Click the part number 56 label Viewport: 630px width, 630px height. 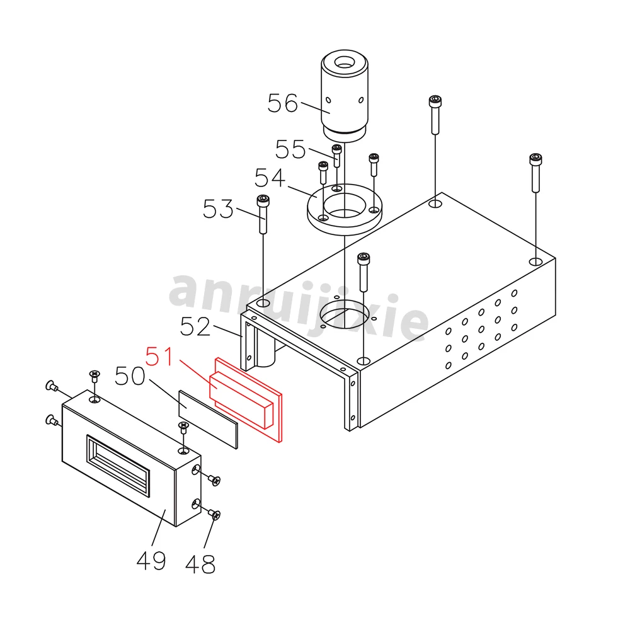(x=282, y=103)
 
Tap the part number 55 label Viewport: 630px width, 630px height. (x=290, y=149)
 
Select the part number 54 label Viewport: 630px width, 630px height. (x=270, y=178)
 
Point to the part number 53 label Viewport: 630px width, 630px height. (x=218, y=209)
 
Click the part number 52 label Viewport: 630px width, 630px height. (x=195, y=326)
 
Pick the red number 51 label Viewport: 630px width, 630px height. (x=160, y=357)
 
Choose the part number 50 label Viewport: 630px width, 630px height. (x=130, y=377)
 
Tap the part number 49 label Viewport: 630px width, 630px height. (x=151, y=559)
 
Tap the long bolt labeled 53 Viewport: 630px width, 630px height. (x=263, y=214)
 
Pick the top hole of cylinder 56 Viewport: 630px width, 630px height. (x=344, y=62)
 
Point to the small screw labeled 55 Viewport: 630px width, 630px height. (x=336, y=155)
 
